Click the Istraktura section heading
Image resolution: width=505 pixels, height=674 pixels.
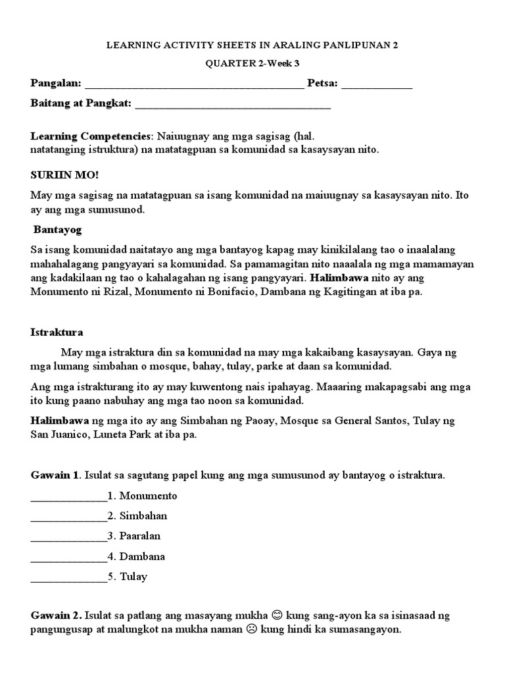pos(57,332)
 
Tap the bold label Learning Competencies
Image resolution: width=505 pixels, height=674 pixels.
pos(91,136)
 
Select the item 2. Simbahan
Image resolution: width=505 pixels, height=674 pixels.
pos(137,515)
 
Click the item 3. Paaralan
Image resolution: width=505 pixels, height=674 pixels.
pos(137,536)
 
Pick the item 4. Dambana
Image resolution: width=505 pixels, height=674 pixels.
pos(136,556)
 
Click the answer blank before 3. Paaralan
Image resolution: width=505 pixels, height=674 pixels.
pos(68,538)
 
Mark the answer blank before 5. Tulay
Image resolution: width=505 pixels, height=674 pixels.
pos(68,579)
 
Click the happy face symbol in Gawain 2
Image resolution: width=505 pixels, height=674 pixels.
pos(277,615)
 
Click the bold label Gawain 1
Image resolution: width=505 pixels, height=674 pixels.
pos(55,475)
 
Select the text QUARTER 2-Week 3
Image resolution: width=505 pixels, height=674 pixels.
pos(252,64)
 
